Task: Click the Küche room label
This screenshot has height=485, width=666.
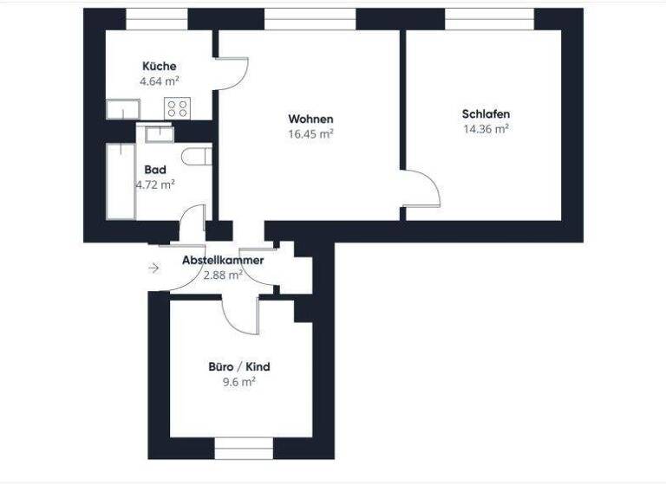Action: click(x=160, y=67)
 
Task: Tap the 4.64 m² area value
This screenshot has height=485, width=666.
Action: click(x=160, y=82)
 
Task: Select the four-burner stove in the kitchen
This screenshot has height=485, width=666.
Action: click(x=178, y=108)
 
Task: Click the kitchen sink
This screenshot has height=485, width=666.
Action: click(x=123, y=109)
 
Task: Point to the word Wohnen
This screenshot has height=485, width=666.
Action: click(x=310, y=119)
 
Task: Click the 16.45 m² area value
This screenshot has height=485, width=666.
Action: click(x=310, y=134)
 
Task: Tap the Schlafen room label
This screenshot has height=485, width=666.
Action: click(x=486, y=113)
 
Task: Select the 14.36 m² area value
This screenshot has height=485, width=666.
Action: click(x=486, y=129)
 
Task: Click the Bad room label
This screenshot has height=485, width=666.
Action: click(x=155, y=170)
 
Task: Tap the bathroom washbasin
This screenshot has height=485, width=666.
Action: click(x=160, y=133)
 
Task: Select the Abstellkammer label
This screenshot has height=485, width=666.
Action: click(x=223, y=260)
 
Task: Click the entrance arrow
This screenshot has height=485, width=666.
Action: click(x=153, y=268)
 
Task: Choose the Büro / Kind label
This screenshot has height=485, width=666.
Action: click(x=239, y=366)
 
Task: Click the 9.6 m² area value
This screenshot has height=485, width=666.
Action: click(x=239, y=381)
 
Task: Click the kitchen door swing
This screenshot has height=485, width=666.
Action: click(x=232, y=74)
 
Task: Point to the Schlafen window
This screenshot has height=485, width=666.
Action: click(x=489, y=18)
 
